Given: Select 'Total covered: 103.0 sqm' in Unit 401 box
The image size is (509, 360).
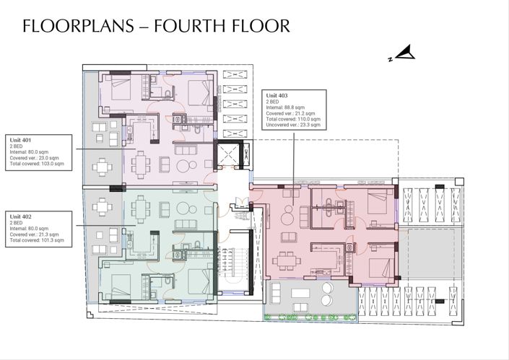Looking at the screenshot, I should coord(35,164).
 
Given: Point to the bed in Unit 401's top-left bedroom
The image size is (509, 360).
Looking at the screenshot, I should coord(116,90).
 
